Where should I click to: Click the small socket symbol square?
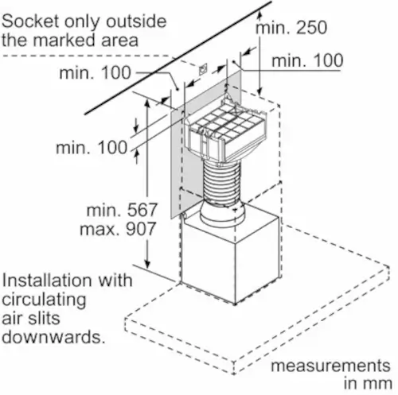[x=203, y=69]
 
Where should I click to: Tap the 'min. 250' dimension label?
[x=291, y=27]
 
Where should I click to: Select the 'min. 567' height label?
[x=122, y=210]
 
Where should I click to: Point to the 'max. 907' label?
[x=118, y=229]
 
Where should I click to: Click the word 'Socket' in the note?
[x=30, y=21]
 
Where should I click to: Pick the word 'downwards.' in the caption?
[x=53, y=336]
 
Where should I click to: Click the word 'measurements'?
[x=330, y=366]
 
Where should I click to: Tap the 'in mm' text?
[x=368, y=383]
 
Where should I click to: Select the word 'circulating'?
[x=44, y=300]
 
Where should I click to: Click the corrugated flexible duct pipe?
[x=221, y=183]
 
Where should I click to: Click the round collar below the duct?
[x=222, y=215]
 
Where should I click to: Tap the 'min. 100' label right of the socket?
[x=307, y=60]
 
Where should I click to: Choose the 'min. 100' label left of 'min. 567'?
[x=92, y=147]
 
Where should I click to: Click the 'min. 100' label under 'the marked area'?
[x=95, y=72]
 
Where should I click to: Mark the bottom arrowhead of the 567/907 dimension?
[x=147, y=264]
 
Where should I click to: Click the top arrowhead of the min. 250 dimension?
[x=259, y=14]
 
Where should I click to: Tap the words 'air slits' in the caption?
[x=31, y=318]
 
